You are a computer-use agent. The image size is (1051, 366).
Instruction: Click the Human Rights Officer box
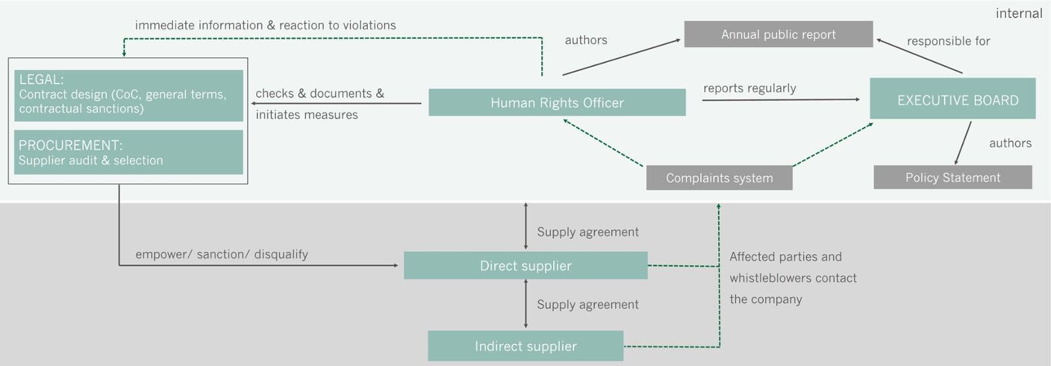click(557, 103)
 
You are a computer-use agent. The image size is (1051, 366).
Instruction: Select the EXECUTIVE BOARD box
click(952, 99)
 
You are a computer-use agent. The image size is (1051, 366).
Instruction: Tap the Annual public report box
click(778, 34)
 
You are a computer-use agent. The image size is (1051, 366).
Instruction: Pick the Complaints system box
click(719, 178)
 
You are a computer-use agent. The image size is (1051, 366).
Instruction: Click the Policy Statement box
click(952, 177)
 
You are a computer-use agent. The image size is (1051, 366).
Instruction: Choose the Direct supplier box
click(525, 265)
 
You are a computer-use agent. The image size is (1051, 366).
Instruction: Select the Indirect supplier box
click(525, 346)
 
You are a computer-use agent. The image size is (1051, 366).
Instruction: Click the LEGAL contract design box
click(129, 95)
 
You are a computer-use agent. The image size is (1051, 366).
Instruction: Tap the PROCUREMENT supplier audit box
click(129, 152)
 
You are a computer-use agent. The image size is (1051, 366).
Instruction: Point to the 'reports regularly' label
click(749, 88)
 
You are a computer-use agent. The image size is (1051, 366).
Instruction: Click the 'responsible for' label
click(949, 41)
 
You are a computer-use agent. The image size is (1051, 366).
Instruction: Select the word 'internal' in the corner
click(1019, 13)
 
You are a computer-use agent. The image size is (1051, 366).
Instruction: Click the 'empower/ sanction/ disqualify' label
click(221, 254)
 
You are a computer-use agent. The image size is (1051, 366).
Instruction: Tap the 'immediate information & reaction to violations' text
click(265, 25)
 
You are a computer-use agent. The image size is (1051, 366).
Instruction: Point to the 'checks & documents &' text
click(320, 93)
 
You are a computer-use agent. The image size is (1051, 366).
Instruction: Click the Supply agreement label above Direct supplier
click(588, 232)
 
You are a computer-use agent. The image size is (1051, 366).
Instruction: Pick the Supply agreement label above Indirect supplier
click(588, 304)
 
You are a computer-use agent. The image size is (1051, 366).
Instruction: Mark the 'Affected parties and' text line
click(786, 257)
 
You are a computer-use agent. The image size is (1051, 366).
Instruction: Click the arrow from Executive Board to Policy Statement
click(963, 143)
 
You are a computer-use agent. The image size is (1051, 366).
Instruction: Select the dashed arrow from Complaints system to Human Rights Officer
click(603, 143)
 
